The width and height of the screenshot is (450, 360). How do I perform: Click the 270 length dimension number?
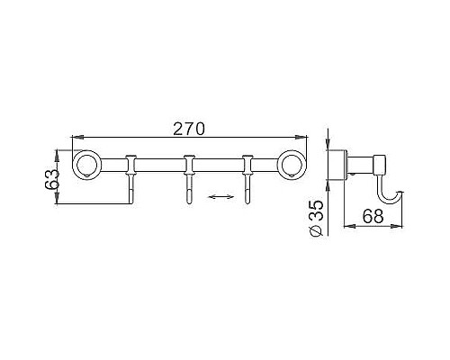click(x=188, y=129)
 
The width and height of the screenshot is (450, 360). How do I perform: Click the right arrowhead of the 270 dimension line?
click(x=306, y=138)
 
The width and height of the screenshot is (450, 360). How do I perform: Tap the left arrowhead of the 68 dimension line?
click(x=347, y=226)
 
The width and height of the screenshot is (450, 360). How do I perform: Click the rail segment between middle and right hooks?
click(x=217, y=164)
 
